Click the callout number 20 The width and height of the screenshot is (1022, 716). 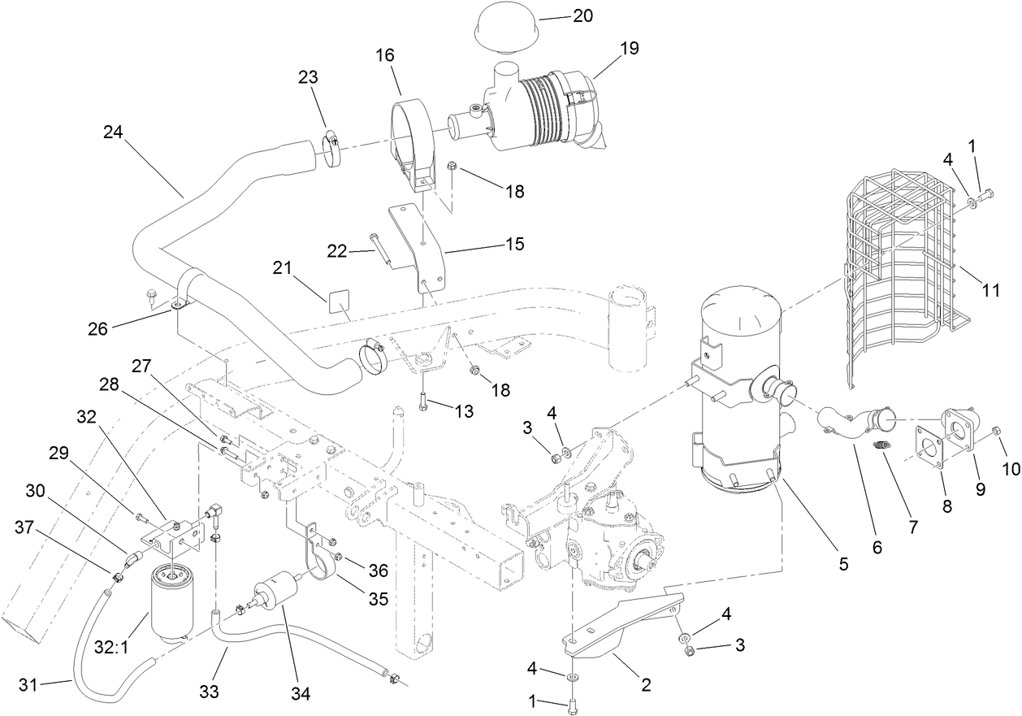click(582, 17)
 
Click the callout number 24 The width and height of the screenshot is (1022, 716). click(115, 132)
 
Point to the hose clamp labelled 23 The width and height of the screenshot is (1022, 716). click(331, 146)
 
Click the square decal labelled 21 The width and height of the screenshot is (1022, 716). click(340, 302)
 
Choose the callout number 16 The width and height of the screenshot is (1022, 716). click(384, 55)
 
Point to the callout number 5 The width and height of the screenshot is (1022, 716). click(843, 562)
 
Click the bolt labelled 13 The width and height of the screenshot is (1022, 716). click(424, 399)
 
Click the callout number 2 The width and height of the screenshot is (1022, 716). click(646, 684)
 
